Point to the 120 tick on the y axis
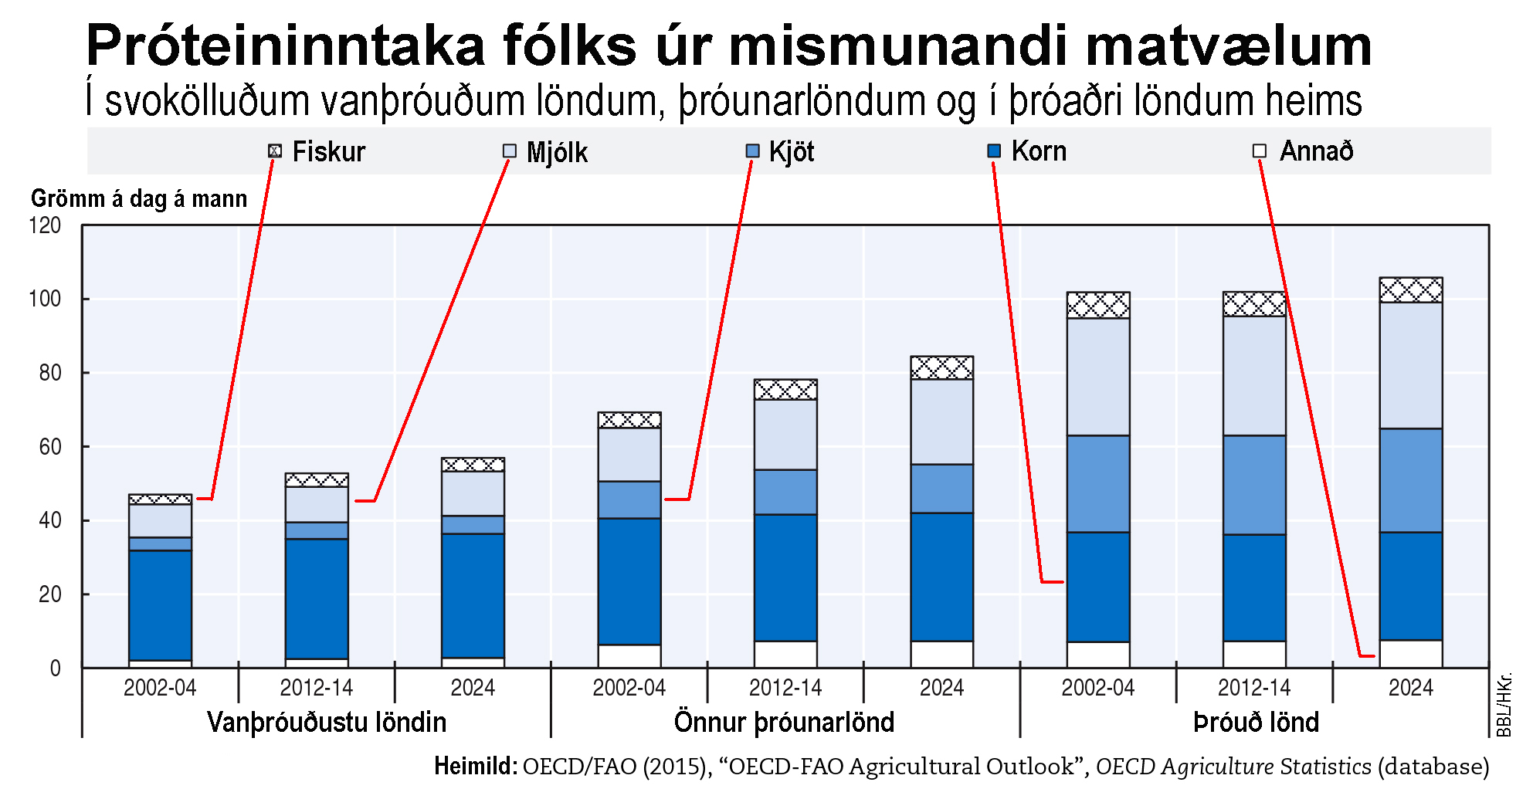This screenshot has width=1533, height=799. click(x=45, y=225)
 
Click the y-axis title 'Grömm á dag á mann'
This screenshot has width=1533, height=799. click(x=139, y=199)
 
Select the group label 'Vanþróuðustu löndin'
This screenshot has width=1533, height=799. click(x=327, y=723)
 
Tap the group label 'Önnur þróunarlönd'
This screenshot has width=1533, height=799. click(x=784, y=723)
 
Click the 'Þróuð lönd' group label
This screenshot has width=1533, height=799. click(x=1256, y=723)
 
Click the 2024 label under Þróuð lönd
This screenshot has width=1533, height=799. click(x=1410, y=688)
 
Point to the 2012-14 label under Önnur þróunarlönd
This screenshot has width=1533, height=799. click(x=785, y=688)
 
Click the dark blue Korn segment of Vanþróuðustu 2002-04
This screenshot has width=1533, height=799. click(x=160, y=606)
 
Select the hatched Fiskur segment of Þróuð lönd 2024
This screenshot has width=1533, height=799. click(x=1410, y=290)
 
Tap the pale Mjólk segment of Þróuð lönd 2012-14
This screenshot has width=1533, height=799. click(x=1254, y=376)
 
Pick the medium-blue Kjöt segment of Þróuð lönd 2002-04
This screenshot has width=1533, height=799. click(x=1097, y=484)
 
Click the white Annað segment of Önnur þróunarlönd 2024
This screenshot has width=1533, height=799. click(x=941, y=655)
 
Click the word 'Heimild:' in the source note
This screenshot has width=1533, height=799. click(x=475, y=767)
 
